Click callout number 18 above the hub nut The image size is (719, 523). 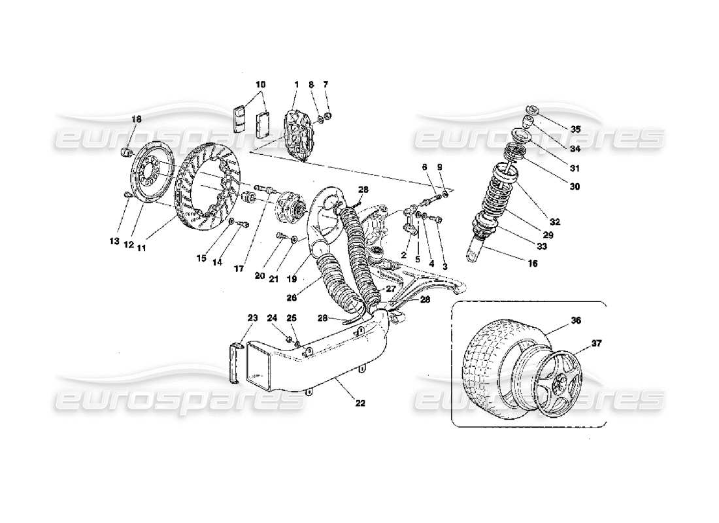[136, 119]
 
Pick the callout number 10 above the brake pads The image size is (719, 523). [261, 85]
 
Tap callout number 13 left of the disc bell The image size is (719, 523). [114, 241]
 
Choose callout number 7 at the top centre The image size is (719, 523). [326, 85]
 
